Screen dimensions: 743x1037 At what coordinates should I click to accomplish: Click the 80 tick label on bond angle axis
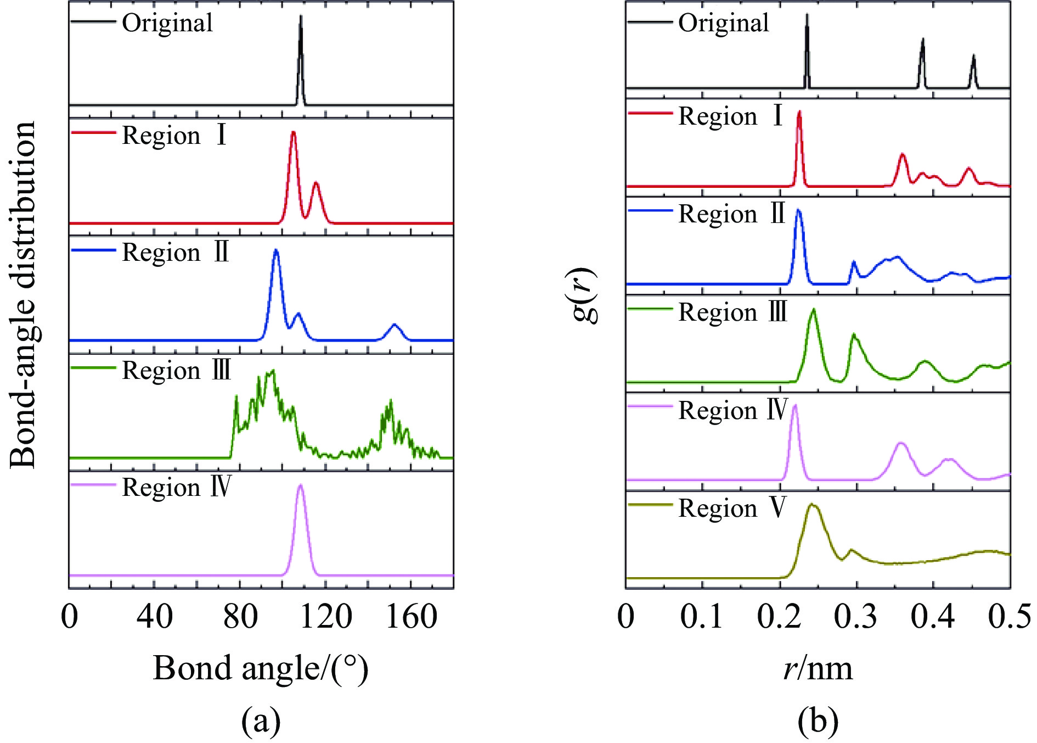[240, 616]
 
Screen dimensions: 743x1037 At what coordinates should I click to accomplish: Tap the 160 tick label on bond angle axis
[412, 616]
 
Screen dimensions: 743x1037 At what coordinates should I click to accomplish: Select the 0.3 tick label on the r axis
[856, 616]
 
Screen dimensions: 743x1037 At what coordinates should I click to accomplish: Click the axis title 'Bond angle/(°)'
[261, 668]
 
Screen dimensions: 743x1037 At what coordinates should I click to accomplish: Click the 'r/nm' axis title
[818, 668]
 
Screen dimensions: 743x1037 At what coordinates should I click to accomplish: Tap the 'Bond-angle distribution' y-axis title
[23, 295]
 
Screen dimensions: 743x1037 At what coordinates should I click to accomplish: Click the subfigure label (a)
[261, 720]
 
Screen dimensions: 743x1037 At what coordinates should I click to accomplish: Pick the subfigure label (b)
[818, 720]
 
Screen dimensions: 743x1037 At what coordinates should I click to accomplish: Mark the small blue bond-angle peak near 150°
[394, 326]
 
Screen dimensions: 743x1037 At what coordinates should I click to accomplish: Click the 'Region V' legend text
[732, 508]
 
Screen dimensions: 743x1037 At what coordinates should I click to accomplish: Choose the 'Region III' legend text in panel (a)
[176, 371]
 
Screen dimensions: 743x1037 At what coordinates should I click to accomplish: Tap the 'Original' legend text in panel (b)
[723, 23]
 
